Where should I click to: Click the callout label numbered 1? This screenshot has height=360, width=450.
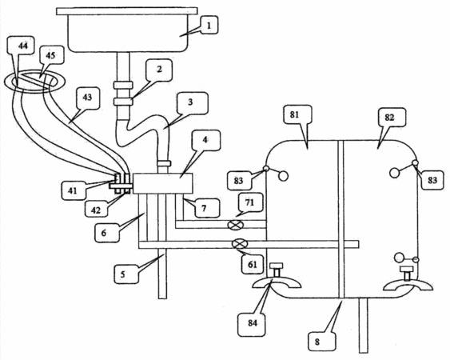(209, 26)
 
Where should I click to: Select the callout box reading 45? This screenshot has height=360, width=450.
(50, 55)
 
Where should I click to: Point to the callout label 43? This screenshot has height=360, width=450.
(87, 98)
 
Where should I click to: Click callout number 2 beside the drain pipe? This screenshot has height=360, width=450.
(159, 70)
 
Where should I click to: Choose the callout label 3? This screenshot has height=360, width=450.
(190, 103)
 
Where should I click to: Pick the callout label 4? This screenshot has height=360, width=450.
(205, 141)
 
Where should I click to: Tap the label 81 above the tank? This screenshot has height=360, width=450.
(294, 115)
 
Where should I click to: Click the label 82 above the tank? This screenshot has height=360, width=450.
(389, 117)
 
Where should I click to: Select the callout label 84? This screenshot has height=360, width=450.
(252, 322)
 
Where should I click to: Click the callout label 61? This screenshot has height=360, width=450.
(252, 263)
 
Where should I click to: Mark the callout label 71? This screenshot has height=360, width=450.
(249, 203)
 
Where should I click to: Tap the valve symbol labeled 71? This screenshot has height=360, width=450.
(235, 225)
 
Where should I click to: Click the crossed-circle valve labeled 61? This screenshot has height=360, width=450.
(240, 244)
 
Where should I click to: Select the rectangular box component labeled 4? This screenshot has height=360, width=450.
(163, 183)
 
